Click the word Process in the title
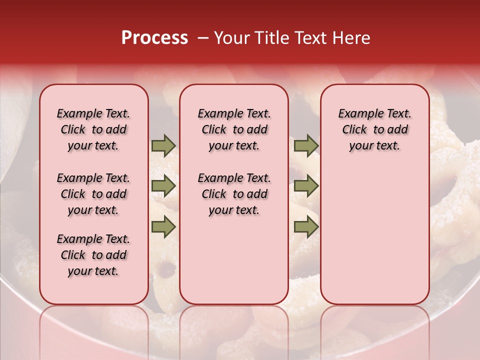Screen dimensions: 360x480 pos(154,38)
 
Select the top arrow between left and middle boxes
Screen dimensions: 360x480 pos(163,146)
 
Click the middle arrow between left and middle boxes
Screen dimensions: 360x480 pos(163,186)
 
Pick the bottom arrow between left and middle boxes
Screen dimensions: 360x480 pos(163,227)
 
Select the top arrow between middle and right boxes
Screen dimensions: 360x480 pos(306,146)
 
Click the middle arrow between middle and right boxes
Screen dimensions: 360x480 pos(306,186)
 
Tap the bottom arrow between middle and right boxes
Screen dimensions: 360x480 pos(306,227)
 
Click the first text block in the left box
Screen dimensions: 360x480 pos(93,129)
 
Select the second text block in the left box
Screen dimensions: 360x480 pos(93,194)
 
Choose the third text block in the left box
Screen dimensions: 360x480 pos(93,255)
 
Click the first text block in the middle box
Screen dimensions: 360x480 pos(234,129)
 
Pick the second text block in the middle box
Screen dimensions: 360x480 pos(234,194)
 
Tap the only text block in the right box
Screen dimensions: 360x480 pos(375,129)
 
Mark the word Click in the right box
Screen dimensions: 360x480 pos(354,130)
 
